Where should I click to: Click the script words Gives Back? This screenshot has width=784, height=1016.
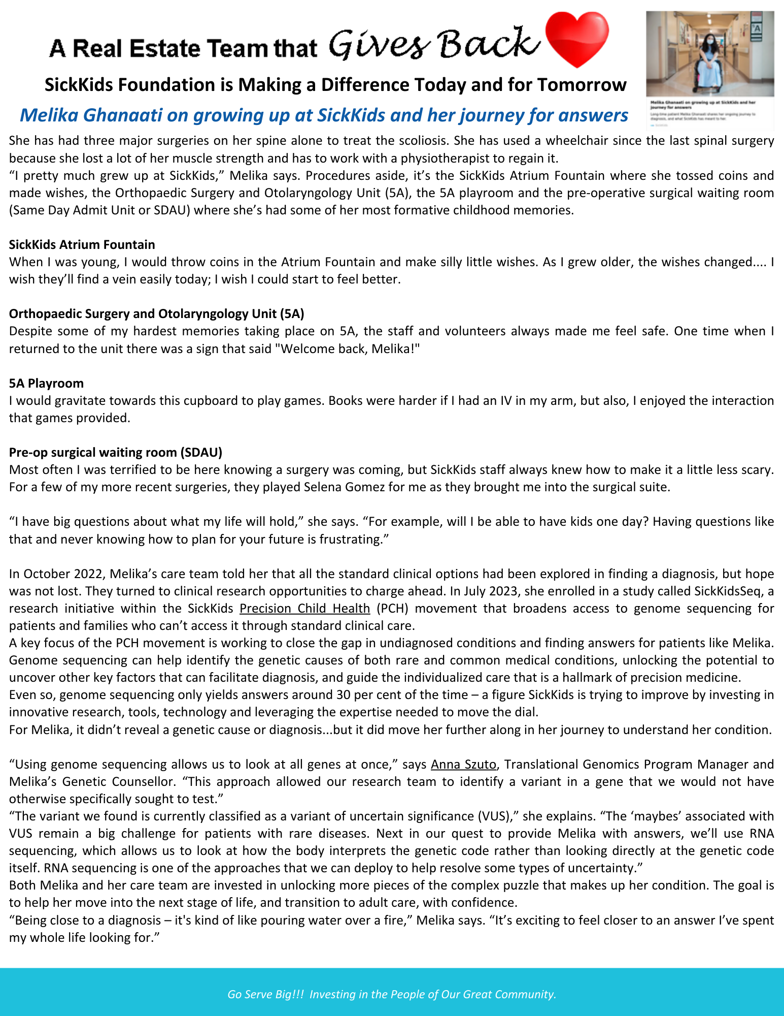pos(434,45)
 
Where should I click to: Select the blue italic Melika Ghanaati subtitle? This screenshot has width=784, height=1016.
pos(324,115)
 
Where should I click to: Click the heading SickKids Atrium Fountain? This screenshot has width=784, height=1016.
pos(82,245)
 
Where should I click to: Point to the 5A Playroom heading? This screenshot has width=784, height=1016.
pos(46,383)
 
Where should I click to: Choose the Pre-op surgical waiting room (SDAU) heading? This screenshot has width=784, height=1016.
pos(116,452)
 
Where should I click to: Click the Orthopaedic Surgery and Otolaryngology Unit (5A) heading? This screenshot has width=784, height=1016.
pos(156,314)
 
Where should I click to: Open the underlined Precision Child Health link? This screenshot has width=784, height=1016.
pos(304,608)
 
